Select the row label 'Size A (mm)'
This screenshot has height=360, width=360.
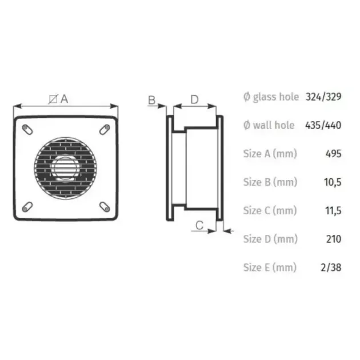pyautogui.click(x=270, y=154)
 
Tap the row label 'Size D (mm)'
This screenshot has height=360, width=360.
pyautogui.click(x=270, y=238)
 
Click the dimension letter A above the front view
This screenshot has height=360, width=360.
pyautogui.click(x=64, y=99)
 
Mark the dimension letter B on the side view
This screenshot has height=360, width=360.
pyautogui.click(x=152, y=100)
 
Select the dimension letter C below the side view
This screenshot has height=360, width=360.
pyautogui.click(x=199, y=225)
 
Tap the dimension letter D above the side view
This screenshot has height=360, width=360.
pyautogui.click(x=194, y=99)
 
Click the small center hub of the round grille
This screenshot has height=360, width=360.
pyautogui.click(x=65, y=168)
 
